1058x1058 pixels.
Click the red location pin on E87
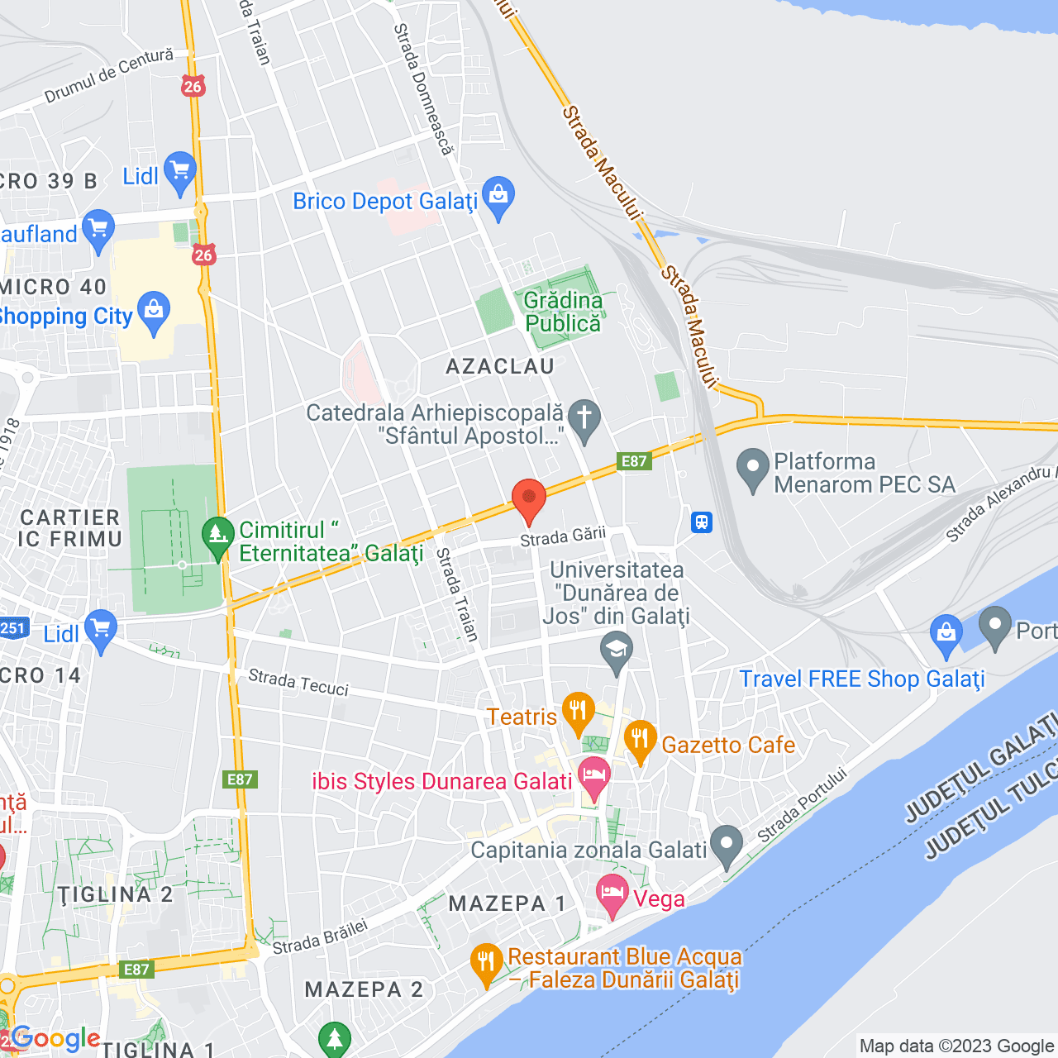click(529, 499)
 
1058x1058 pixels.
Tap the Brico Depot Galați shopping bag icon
click(498, 197)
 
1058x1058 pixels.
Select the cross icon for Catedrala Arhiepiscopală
click(584, 419)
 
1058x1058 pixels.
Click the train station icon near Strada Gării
click(702, 522)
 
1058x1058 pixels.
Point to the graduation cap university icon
click(616, 651)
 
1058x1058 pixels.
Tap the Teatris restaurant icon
click(578, 712)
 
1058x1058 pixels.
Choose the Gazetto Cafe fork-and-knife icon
click(640, 740)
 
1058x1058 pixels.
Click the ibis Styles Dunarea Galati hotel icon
click(593, 777)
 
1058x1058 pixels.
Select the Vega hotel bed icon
click(612, 894)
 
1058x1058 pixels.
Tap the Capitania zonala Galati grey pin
click(727, 846)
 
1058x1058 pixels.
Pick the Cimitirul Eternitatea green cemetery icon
click(218, 537)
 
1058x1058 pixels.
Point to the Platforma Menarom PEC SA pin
click(752, 469)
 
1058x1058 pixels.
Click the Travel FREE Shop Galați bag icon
click(946, 634)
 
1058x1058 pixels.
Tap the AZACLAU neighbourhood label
click(500, 366)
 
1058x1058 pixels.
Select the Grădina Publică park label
click(563, 312)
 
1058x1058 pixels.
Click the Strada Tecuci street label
click(298, 682)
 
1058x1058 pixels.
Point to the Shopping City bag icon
click(154, 312)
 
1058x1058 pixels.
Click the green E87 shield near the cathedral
click(634, 461)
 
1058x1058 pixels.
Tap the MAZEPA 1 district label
click(507, 904)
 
